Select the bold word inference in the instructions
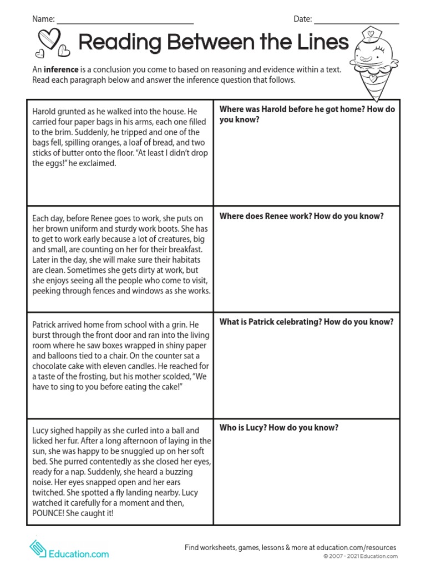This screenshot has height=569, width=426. click(x=60, y=71)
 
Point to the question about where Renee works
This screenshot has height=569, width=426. click(x=301, y=216)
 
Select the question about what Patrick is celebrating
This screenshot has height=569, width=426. click(x=306, y=322)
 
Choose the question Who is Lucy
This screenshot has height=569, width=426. click(x=278, y=427)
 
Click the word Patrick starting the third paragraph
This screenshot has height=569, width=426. click(x=45, y=324)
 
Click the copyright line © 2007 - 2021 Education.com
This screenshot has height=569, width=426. click(x=361, y=556)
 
